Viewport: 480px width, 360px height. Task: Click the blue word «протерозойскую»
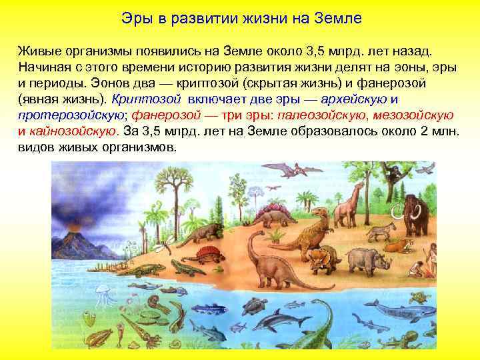pos(64,115)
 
